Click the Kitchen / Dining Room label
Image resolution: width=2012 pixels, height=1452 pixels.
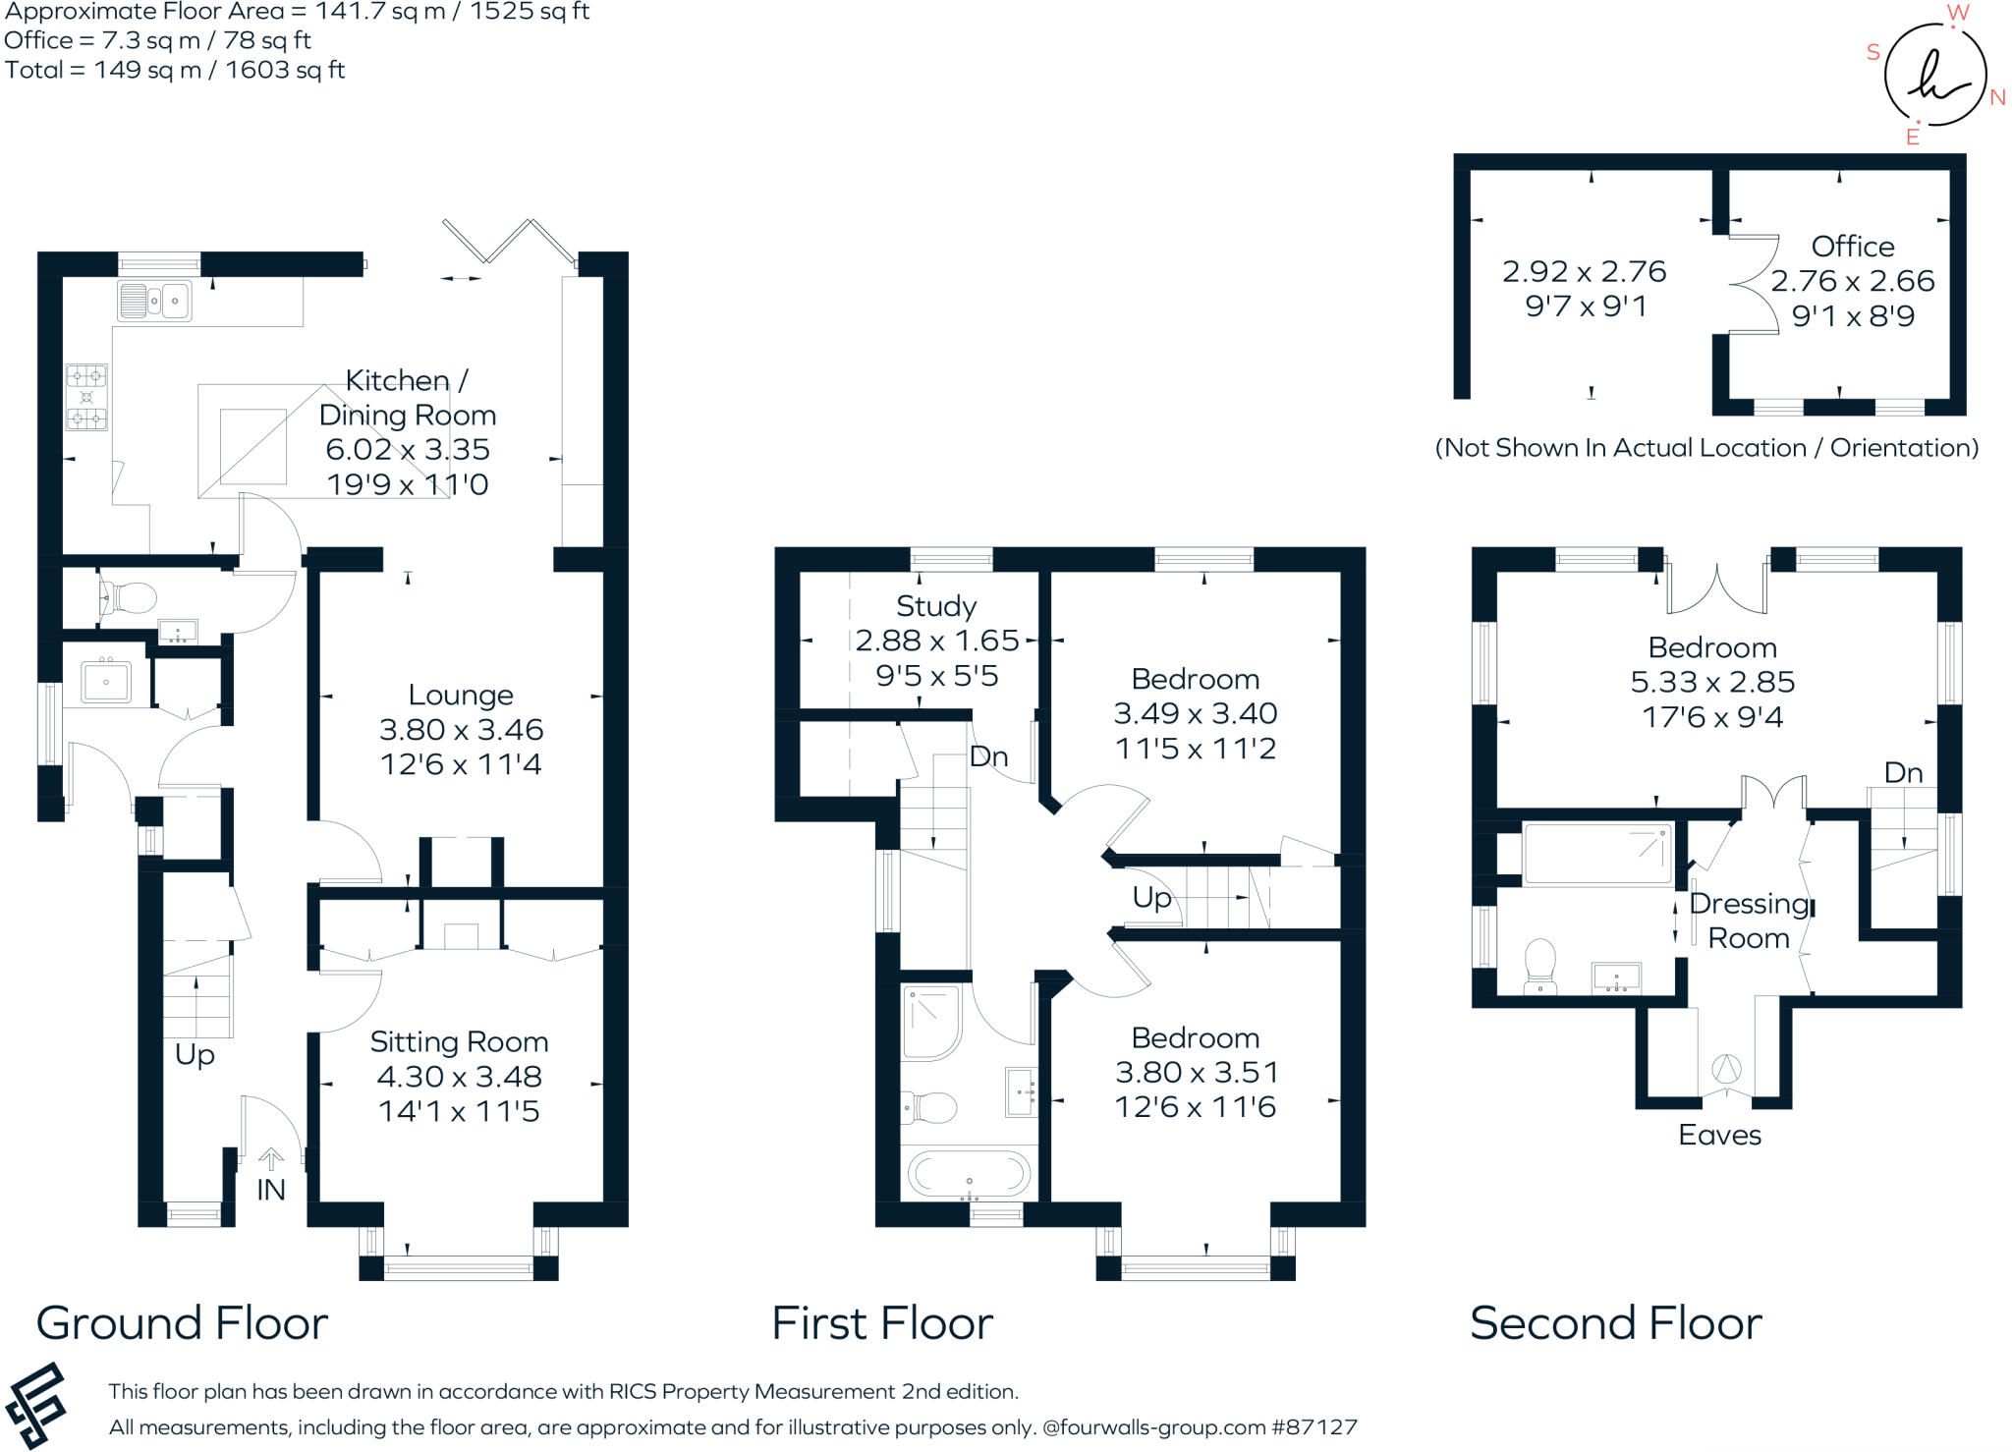coord(408,397)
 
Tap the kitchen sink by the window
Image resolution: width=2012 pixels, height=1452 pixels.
coord(154,301)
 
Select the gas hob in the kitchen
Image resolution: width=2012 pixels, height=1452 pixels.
coord(86,397)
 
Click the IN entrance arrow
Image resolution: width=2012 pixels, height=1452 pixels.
coord(271,1160)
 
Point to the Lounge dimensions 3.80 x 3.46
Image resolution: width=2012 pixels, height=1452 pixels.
coord(461,729)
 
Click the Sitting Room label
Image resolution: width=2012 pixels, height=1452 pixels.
coord(459,1041)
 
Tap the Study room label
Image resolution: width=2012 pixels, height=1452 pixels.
coord(936,606)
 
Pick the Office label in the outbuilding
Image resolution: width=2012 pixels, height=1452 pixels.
coord(1852,246)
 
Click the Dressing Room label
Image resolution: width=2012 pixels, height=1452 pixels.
coord(1750,921)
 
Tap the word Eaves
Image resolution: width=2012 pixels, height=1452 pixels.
coord(1719,1135)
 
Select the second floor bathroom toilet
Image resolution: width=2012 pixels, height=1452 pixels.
coord(1539,967)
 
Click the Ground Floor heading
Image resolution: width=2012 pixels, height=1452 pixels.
coord(182,1322)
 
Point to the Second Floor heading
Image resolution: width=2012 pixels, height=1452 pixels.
coord(1616,1322)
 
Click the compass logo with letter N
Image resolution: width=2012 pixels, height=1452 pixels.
coord(1934,75)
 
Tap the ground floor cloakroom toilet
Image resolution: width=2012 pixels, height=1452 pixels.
coord(130,597)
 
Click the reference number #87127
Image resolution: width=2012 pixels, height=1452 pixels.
coord(1313,1426)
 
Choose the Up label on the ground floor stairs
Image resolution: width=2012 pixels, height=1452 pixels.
coord(195,1055)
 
